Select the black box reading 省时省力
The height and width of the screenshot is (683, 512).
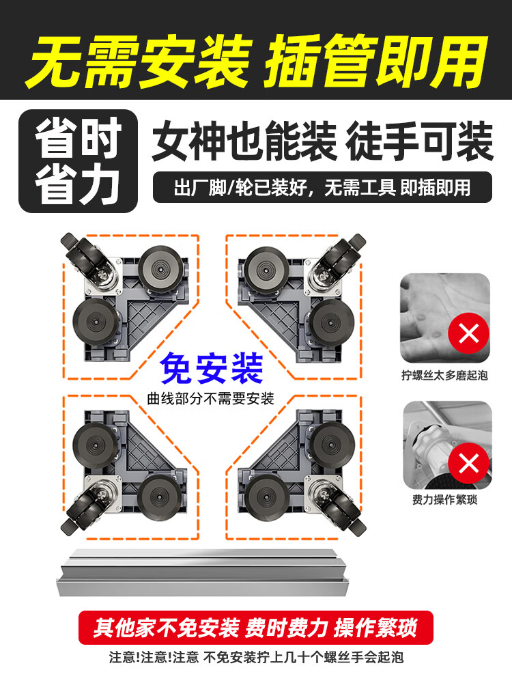click(x=79, y=161)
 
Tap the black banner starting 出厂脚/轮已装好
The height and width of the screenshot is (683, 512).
click(x=322, y=187)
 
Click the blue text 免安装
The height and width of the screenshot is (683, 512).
click(x=212, y=369)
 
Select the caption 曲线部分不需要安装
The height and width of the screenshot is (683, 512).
click(x=211, y=398)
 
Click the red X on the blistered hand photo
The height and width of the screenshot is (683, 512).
click(x=468, y=333)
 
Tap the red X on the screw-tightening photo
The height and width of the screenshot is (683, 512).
click(x=468, y=462)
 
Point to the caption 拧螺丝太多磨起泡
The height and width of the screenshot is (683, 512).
click(x=444, y=375)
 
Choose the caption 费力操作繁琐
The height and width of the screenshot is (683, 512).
click(x=444, y=499)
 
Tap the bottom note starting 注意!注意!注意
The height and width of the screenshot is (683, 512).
click(x=256, y=657)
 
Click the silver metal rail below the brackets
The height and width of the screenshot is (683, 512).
click(x=203, y=572)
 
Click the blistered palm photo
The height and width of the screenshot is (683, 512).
click(x=445, y=318)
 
